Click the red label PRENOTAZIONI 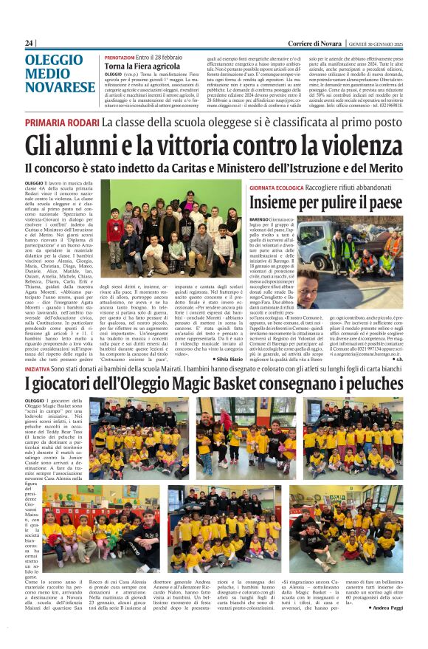pos(119,57)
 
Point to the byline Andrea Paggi pos(384,608)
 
